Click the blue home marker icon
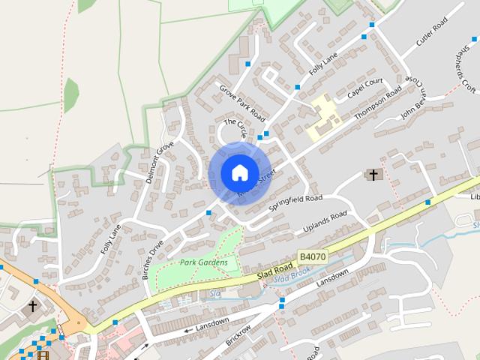pos(239,172)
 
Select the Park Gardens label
pos(197,262)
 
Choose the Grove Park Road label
pos(243,103)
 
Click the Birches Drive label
pos(153,259)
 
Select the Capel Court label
pos(365,90)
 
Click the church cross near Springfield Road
pos(373,175)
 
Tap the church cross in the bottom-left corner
pos(32,306)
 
